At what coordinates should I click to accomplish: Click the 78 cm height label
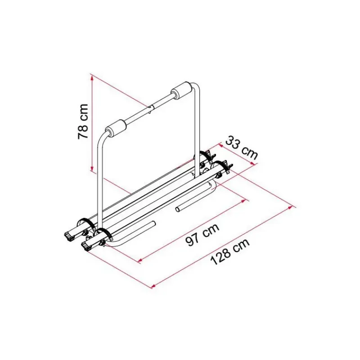(83, 121)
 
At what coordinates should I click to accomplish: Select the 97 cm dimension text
(202, 234)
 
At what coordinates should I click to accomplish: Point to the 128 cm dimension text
(230, 252)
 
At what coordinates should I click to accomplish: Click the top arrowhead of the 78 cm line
(92, 77)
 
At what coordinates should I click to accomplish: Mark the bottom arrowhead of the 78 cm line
(92, 168)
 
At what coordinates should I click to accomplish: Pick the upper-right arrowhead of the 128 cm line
(291, 207)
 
